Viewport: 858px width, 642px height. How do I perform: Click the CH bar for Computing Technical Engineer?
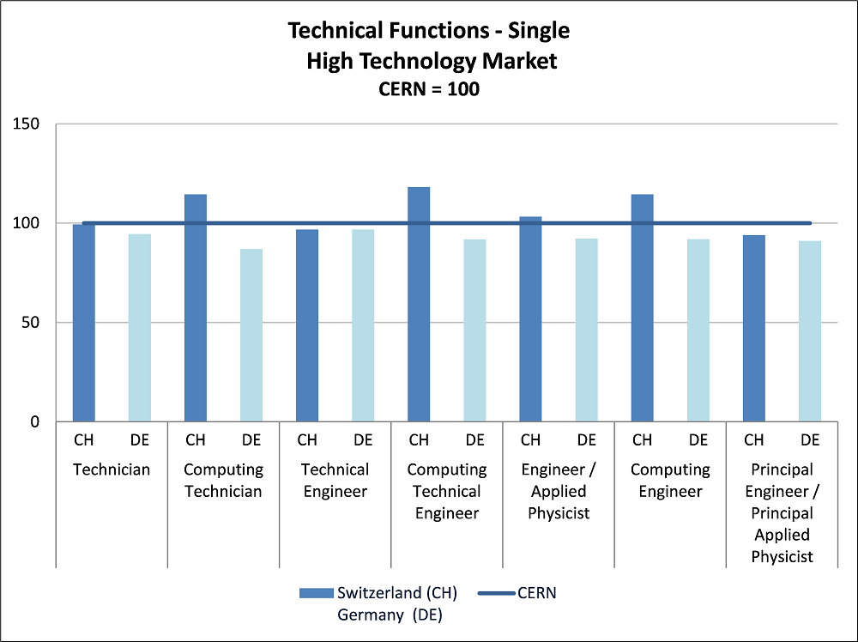419,305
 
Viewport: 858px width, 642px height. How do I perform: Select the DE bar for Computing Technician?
251,336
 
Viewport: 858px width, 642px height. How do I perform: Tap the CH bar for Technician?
84,323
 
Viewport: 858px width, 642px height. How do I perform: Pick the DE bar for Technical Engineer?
363,325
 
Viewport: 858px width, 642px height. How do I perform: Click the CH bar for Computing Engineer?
642,308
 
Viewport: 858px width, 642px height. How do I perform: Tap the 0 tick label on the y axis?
37,422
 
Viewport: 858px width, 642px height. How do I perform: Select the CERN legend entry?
537,593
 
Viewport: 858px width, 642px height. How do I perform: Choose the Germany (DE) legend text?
389,615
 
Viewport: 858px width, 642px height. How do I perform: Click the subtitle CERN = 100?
429,88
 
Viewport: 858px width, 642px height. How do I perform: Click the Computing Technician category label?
223,481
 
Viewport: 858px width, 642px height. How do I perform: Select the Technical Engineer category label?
335,481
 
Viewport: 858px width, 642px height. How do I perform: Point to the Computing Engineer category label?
670,481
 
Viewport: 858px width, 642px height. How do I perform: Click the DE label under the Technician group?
140,440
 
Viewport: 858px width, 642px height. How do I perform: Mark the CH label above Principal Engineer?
754,440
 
